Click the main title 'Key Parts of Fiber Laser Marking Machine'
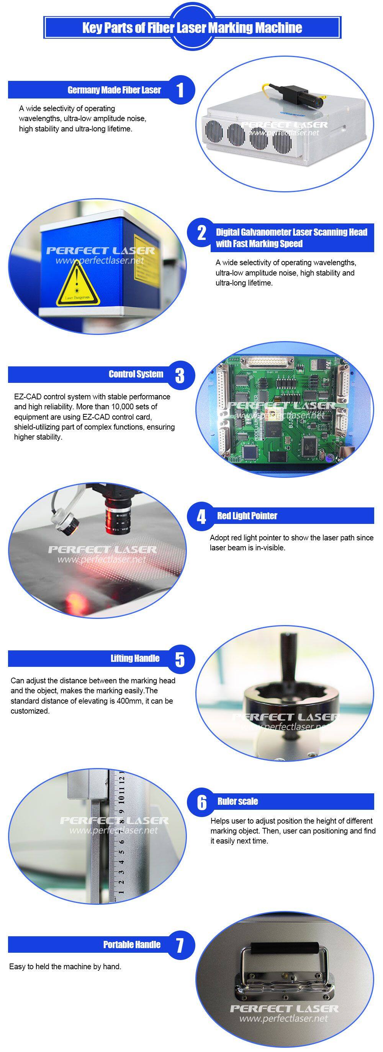click(x=192, y=28)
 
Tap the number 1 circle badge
click(x=180, y=90)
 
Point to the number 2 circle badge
click(x=202, y=233)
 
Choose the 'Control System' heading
click(x=136, y=374)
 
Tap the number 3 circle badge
click(x=180, y=375)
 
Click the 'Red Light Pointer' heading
click(x=247, y=516)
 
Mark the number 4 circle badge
click(x=202, y=517)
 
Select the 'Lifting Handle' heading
click(x=135, y=658)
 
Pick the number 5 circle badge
click(x=180, y=659)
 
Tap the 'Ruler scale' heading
click(x=237, y=801)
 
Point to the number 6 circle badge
click(x=202, y=802)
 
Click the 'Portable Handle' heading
click(x=132, y=945)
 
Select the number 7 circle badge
click(x=180, y=945)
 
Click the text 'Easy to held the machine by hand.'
click(x=65, y=967)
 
